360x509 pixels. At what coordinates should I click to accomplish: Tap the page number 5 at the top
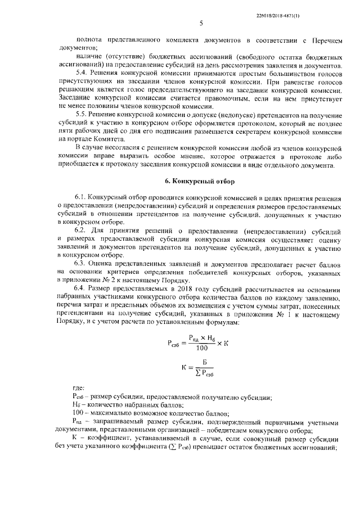coord(200,23)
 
